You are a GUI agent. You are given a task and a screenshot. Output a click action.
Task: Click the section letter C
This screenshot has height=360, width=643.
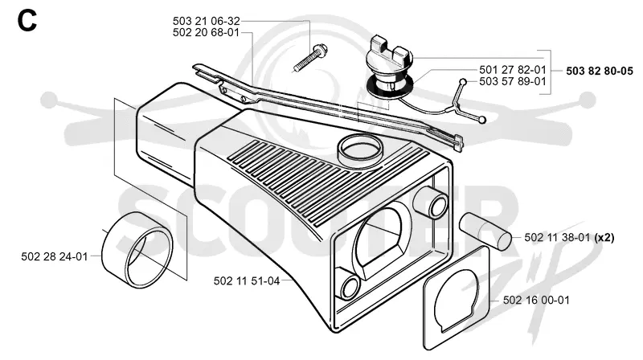27,21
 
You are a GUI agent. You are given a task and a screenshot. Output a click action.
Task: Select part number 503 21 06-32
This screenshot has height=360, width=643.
206,21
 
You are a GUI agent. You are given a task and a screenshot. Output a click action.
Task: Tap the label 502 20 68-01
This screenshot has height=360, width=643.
206,32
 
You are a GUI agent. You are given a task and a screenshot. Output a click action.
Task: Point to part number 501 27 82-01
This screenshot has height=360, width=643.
513,70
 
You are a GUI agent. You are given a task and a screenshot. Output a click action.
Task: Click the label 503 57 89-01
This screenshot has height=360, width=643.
513,81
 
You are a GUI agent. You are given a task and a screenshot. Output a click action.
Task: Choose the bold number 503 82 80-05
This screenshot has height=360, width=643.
600,71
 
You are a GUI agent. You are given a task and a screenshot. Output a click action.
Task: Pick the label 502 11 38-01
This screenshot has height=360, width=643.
558,237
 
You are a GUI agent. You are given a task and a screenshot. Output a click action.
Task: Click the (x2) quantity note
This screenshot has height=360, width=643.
604,237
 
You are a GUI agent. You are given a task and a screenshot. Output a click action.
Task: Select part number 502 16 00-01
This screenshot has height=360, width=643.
536,301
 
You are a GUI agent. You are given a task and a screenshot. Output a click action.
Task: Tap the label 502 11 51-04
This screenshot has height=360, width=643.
247,281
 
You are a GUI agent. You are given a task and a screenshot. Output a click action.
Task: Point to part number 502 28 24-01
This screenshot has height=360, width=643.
55,256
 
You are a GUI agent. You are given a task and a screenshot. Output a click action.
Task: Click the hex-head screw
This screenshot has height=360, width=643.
311,58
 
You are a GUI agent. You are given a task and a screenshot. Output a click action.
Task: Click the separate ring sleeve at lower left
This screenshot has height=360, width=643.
137,250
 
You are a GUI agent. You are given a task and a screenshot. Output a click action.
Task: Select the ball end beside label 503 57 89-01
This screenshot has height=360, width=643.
463,82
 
